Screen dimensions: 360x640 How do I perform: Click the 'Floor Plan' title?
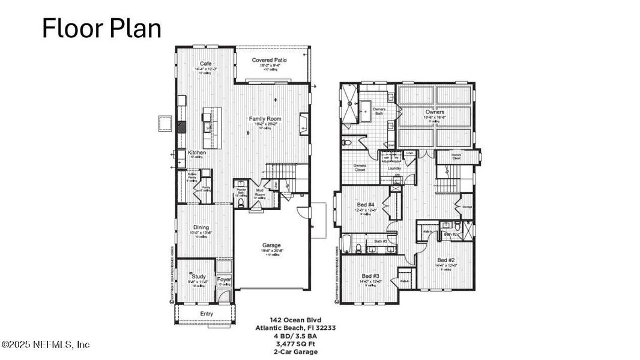[x=101, y=29]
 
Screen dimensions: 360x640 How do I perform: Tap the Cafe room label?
[x=206, y=64]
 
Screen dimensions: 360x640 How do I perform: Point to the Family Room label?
[x=265, y=119]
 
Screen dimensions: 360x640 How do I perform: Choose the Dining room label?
[x=201, y=227]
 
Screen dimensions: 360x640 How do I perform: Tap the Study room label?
[x=199, y=277]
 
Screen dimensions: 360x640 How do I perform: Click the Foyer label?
[x=224, y=280]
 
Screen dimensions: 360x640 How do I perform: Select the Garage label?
[x=271, y=245]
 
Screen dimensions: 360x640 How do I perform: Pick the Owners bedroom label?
[x=435, y=112]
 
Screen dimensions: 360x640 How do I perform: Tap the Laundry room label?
[x=394, y=168]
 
